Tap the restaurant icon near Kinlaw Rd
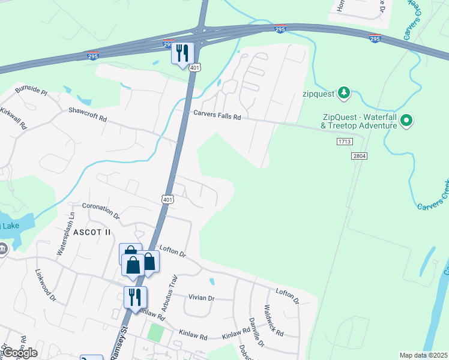click(135, 296)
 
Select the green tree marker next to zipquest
click(343, 92)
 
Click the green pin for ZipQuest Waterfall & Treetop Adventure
click(406, 121)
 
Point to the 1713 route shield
click(343, 142)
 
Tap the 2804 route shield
click(359, 156)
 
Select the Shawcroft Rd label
click(88, 114)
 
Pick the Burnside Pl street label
click(31, 91)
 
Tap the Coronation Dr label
click(101, 211)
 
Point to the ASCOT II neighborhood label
click(91, 232)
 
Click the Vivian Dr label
click(201, 298)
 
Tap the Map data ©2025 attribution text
click(423, 355)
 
